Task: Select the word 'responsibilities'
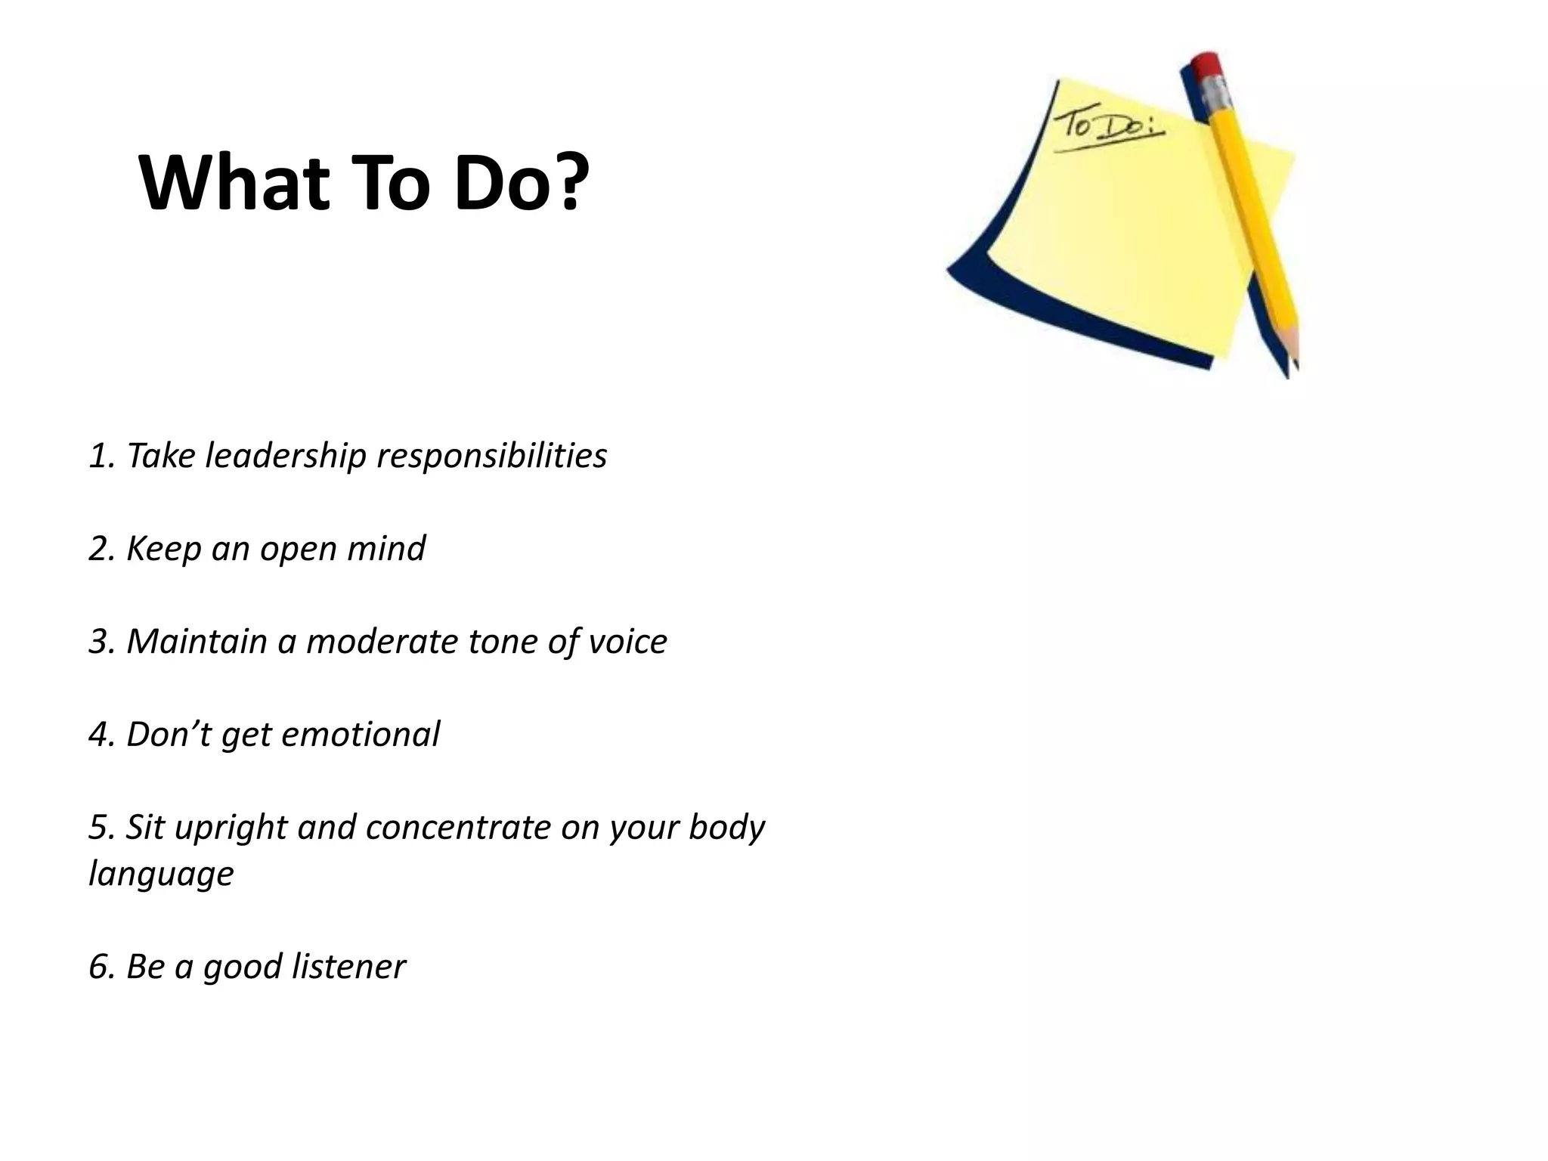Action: [x=492, y=457]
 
